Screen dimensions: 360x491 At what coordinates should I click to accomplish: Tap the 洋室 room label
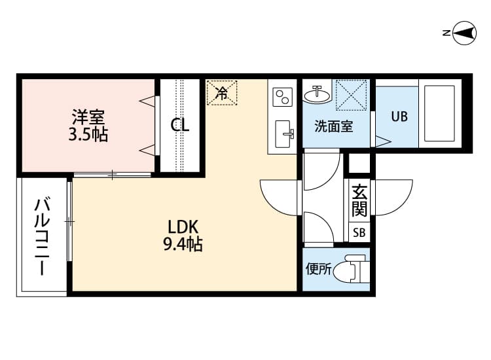click(88, 118)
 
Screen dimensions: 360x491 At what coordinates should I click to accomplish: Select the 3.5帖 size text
click(88, 135)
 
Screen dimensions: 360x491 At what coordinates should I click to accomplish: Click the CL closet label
click(180, 125)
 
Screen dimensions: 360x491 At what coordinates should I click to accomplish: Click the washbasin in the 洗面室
click(318, 94)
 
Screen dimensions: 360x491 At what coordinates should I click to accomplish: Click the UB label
click(399, 117)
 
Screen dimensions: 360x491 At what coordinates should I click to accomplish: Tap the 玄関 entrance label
click(359, 200)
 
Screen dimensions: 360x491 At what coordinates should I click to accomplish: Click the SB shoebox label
click(359, 232)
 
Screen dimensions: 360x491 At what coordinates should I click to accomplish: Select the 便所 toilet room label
click(318, 268)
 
